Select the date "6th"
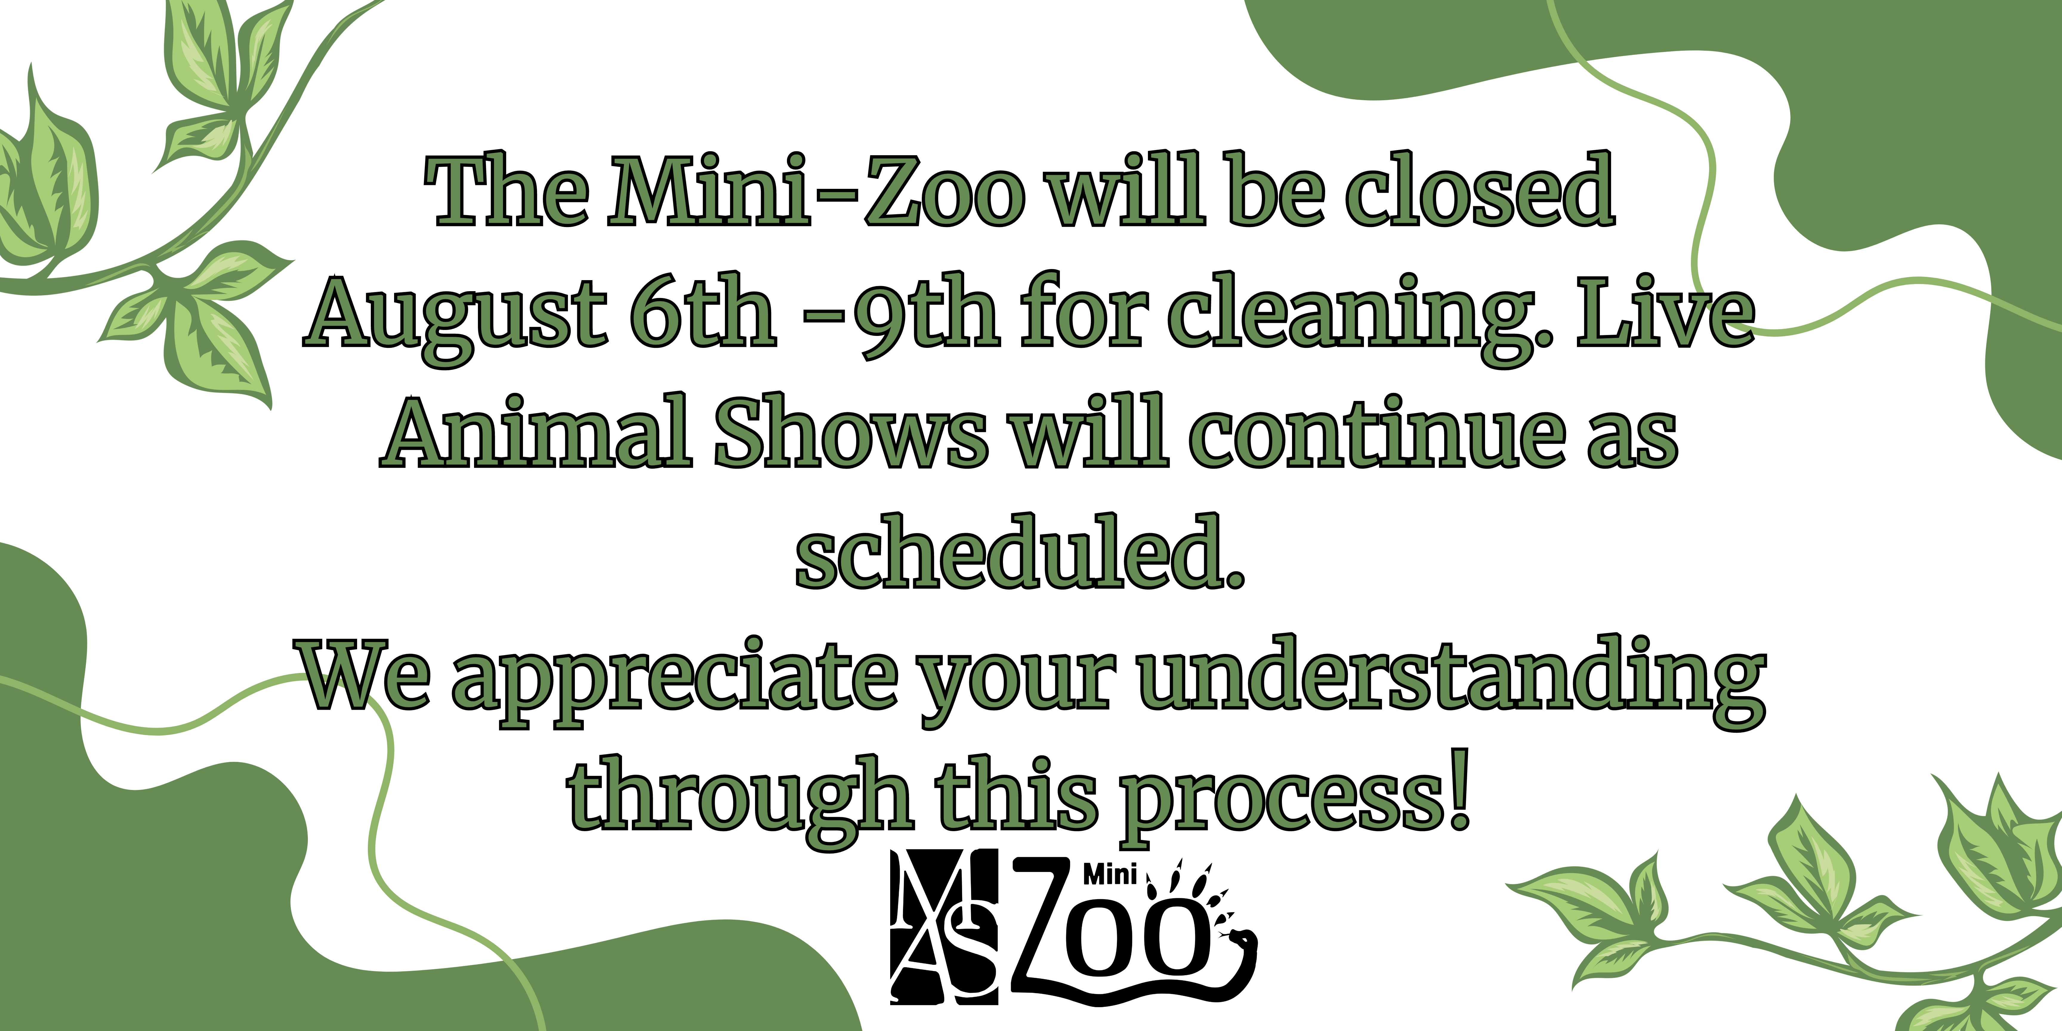point(702,311)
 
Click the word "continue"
point(1377,431)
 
